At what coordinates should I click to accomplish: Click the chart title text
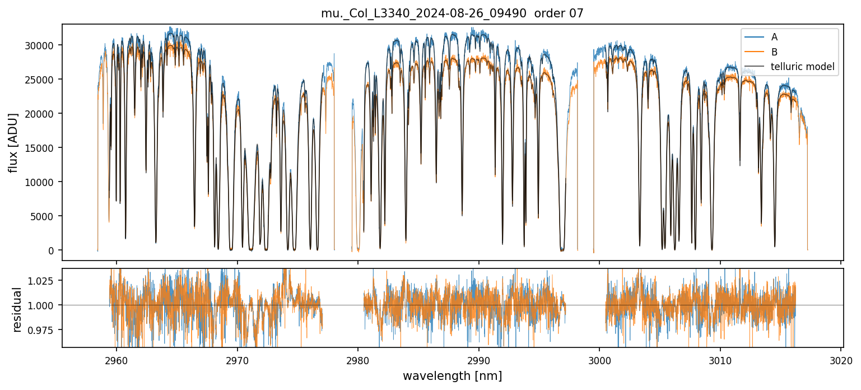click(x=452, y=13)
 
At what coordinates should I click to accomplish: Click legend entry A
click(x=774, y=37)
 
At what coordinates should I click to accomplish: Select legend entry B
click(x=774, y=52)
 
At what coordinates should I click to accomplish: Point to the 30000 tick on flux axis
click(x=43, y=45)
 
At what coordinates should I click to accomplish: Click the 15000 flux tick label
click(x=43, y=148)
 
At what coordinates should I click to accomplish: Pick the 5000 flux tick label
click(x=45, y=216)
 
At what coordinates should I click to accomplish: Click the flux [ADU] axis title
click(x=13, y=142)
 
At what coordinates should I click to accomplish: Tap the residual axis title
click(x=17, y=309)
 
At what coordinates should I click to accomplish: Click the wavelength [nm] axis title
click(x=452, y=375)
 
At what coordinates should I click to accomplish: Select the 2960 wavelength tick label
click(x=117, y=359)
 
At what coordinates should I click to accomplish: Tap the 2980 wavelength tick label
click(x=358, y=359)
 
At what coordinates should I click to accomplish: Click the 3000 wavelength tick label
click(x=599, y=359)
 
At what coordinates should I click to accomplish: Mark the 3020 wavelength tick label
click(x=841, y=359)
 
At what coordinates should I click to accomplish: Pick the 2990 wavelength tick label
click(x=479, y=359)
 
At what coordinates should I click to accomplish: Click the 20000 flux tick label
click(x=43, y=114)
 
